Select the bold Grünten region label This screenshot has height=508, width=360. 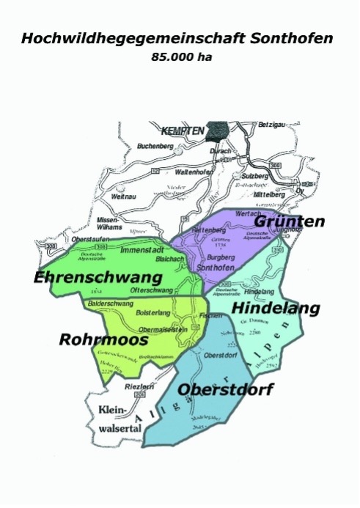click(289, 221)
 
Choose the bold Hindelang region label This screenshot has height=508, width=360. click(276, 309)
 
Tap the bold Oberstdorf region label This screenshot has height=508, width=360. click(225, 389)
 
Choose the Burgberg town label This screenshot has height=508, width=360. click(220, 258)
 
